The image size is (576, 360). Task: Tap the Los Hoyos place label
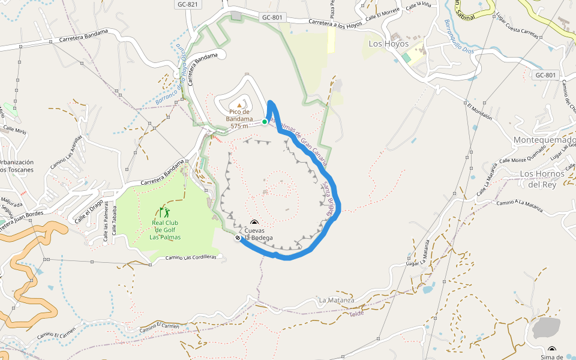(x=388, y=44)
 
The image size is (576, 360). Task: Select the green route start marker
(x=265, y=122)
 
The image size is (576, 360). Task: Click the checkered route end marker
(x=238, y=238)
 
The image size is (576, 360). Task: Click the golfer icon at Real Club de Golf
(x=165, y=212)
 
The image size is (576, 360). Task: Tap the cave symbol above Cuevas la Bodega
(x=254, y=221)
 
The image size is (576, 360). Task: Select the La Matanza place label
(x=336, y=300)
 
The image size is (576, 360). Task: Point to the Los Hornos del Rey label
(x=542, y=179)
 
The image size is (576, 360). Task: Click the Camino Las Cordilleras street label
(x=190, y=257)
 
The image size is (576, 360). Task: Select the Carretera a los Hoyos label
(x=335, y=24)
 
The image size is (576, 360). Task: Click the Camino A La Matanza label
(x=519, y=206)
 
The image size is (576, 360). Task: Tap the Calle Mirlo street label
(x=15, y=130)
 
